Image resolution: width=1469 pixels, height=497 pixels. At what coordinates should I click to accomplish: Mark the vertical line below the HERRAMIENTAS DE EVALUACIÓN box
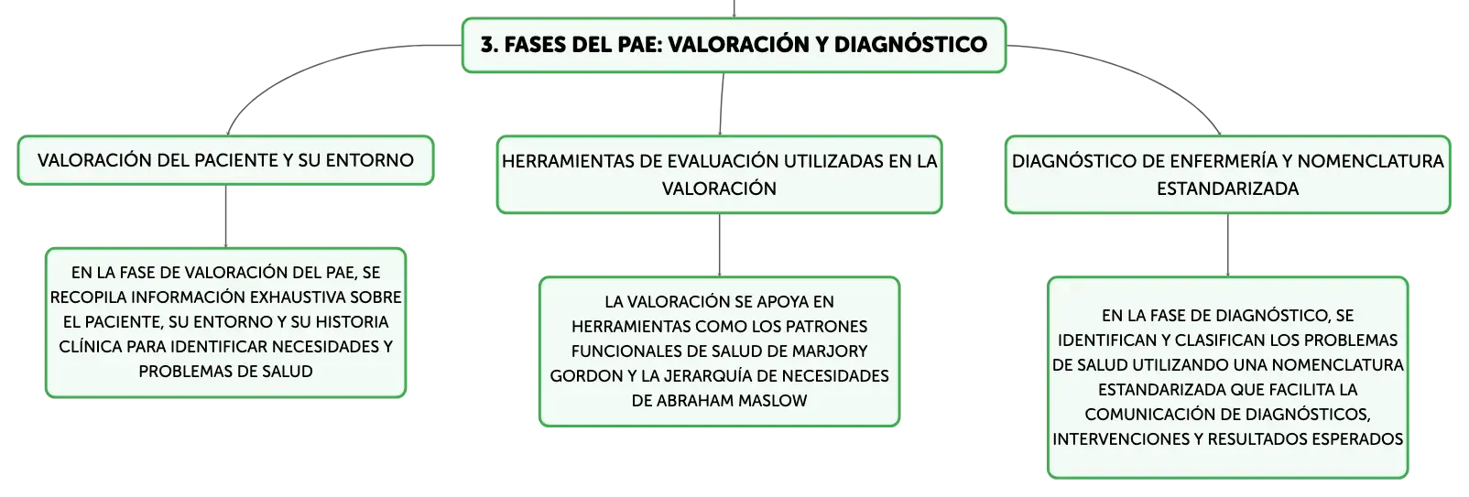point(720,245)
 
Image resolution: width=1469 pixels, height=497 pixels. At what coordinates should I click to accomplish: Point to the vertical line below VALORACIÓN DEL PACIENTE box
point(225,216)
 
